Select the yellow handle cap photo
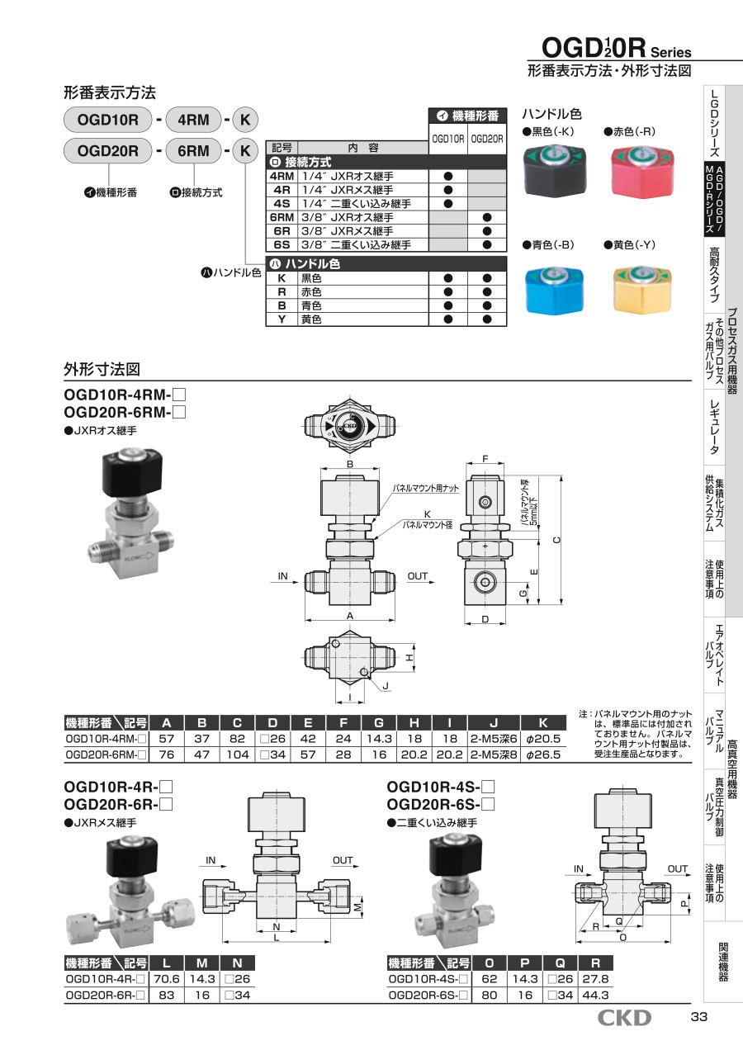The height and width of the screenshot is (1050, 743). coord(642,289)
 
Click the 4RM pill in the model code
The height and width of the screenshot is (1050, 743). coord(193,120)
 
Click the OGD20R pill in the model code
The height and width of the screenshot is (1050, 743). coord(108,151)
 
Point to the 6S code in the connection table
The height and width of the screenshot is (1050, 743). coord(282,244)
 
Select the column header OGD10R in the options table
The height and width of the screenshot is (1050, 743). coord(448,139)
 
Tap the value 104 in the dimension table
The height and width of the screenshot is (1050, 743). coord(238,754)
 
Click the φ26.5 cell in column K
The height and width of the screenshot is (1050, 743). coord(543,754)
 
